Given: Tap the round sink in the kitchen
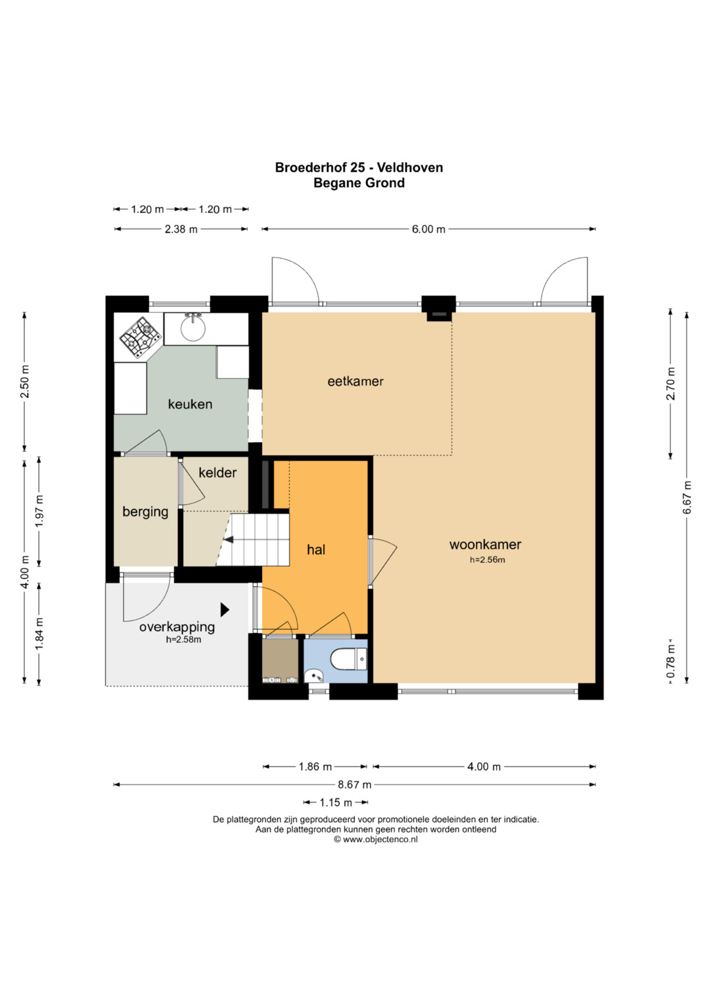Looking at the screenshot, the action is click(x=193, y=328).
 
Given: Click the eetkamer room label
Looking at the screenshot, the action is click(x=355, y=381).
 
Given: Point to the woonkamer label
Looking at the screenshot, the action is click(x=485, y=544).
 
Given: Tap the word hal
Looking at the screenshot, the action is click(x=316, y=549).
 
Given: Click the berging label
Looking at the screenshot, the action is click(x=145, y=512).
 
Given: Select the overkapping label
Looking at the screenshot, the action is click(x=177, y=627).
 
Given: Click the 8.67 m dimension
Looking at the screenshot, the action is click(x=355, y=785).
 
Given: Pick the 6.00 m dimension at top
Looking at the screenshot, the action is click(x=429, y=229).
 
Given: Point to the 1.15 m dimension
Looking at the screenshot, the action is click(x=336, y=802).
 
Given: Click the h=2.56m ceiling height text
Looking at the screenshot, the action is click(x=487, y=559).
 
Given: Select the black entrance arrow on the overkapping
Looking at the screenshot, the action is click(x=224, y=609).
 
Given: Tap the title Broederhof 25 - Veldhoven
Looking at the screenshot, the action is click(x=359, y=167).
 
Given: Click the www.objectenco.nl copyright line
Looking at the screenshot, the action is click(x=376, y=839).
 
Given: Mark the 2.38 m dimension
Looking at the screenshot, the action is click(x=181, y=229).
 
